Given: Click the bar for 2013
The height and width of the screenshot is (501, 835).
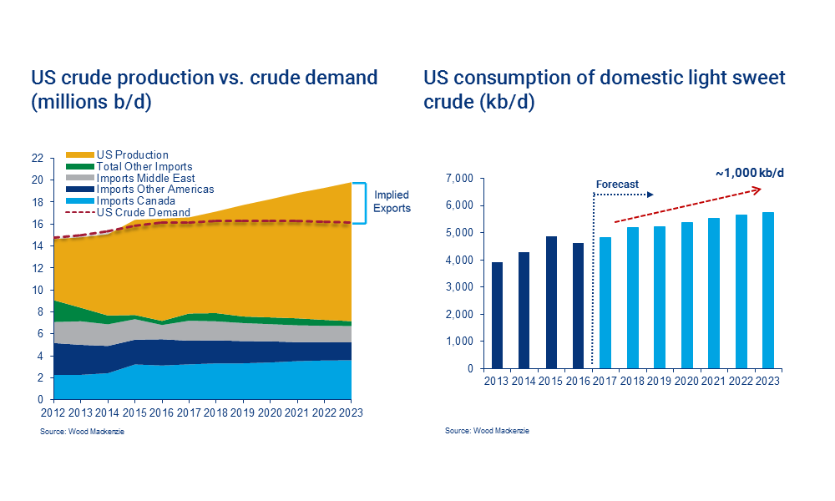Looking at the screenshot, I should coord(498,316).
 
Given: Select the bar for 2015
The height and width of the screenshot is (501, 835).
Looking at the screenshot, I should coord(551,302).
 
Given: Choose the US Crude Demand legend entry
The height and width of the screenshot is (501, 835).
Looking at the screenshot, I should coord(143,212).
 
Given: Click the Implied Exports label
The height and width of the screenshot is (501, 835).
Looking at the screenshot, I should coord(392,201).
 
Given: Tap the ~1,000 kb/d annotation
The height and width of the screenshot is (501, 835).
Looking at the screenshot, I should coord(750,173).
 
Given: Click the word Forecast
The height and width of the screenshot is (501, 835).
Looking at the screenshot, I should coord(617,185).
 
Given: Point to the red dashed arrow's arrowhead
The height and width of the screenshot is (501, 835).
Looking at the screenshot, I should coord(756,190).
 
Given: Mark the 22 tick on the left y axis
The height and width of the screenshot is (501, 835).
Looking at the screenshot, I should coord(37,158).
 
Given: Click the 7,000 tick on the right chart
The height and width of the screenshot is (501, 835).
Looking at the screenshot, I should coord(460,179).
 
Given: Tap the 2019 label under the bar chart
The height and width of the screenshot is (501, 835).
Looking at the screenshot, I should coord(660,381).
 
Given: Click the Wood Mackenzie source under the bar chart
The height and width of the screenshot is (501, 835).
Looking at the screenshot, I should coord(487,431).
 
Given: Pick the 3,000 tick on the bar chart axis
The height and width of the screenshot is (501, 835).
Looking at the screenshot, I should coord(460,286).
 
